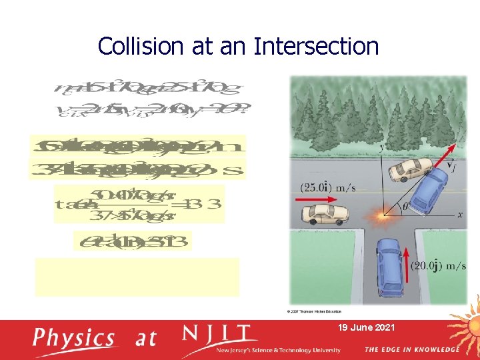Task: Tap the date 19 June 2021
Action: pyautogui.click(x=366, y=327)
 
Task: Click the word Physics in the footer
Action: pyautogui.click(x=74, y=338)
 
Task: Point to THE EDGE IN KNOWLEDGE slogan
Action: pyautogui.click(x=411, y=349)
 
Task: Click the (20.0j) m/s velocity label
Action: pyautogui.click(x=439, y=266)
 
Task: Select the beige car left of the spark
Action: pyautogui.click(x=325, y=214)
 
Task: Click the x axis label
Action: pyautogui.click(x=459, y=215)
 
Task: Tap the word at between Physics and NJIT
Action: pyautogui.click(x=146, y=338)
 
